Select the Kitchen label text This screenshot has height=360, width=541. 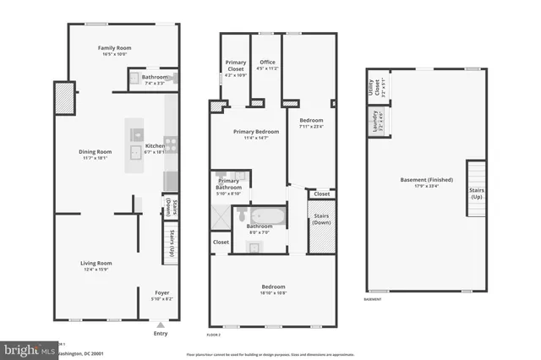click(156, 146)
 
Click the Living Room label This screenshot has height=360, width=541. click(96, 264)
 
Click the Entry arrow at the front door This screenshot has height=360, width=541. click(161, 324)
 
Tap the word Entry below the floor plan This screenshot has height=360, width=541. click(161, 333)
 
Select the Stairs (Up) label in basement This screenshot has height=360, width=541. click(477, 194)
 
